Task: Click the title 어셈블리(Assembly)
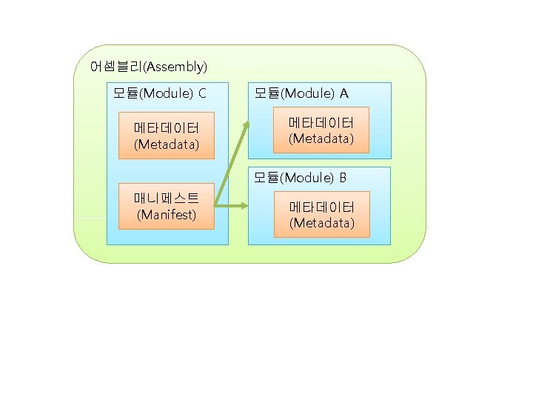148,67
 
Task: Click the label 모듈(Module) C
159,93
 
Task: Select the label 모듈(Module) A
301,93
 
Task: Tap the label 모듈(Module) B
301,178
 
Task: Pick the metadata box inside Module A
321,130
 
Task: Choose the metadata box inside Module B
321,214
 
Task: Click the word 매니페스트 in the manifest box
167,199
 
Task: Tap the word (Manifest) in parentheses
167,216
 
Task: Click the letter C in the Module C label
202,93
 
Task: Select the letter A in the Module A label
344,93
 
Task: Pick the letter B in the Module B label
343,178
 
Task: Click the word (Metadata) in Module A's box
321,139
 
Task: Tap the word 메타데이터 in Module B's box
321,207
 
